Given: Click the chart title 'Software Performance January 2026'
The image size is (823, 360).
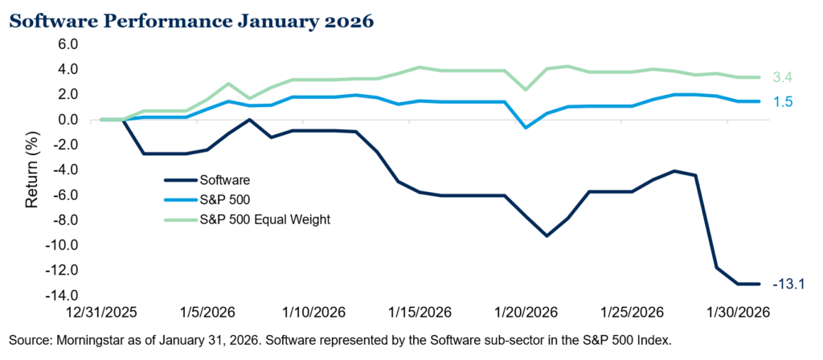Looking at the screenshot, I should pyautogui.click(x=190, y=21).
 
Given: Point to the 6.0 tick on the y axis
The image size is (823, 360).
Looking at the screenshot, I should pyautogui.click(x=67, y=44).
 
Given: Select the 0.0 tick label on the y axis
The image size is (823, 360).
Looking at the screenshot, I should pyautogui.click(x=67, y=120).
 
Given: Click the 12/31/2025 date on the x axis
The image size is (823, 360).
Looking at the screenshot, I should pyautogui.click(x=102, y=312).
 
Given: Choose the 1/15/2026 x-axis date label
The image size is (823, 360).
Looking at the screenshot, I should pyautogui.click(x=419, y=312).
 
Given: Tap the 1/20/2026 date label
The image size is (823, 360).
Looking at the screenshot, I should pyautogui.click(x=525, y=312).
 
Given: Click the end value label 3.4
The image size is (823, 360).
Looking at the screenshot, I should pyautogui.click(x=781, y=78).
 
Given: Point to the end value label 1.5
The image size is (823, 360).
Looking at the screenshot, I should pyautogui.click(x=781, y=102).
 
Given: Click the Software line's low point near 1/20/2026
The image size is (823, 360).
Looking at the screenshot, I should pyautogui.click(x=547, y=235).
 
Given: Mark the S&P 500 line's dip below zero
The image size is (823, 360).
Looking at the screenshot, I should pyautogui.click(x=526, y=128).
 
